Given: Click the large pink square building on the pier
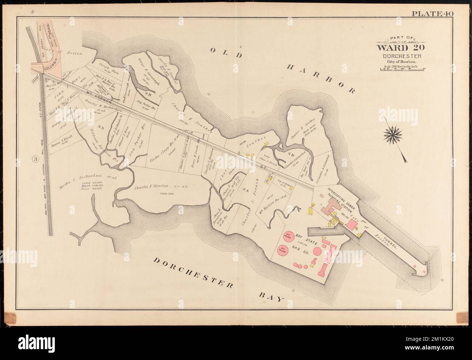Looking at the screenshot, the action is point(351,224).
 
